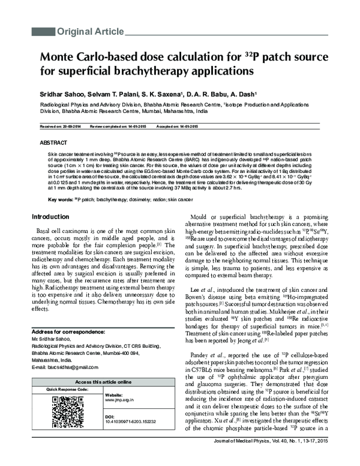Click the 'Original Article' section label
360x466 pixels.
click(90, 31)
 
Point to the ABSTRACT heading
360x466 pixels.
click(53, 144)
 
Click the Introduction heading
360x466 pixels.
click(53, 217)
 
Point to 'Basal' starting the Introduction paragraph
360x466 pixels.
click(46, 231)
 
